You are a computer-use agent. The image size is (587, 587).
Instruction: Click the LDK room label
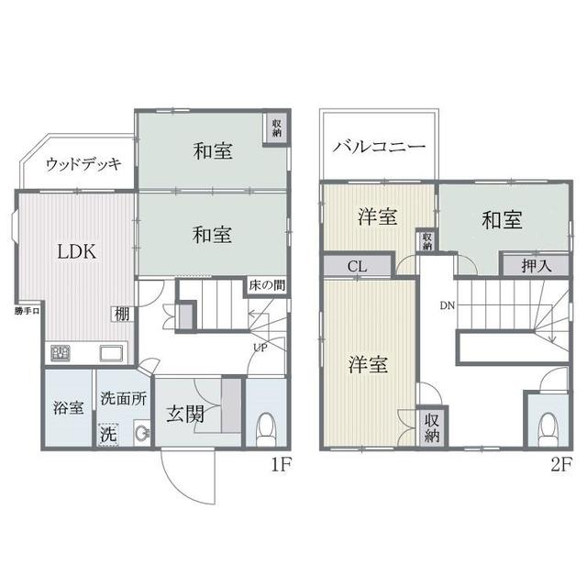(77, 251)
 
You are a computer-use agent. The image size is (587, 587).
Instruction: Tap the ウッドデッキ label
(83, 164)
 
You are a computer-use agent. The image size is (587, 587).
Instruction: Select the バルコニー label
(379, 147)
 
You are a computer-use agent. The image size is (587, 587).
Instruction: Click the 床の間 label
(267, 285)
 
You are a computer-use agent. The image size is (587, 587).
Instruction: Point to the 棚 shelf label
(122, 314)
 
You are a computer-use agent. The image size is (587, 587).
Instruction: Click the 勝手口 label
(27, 311)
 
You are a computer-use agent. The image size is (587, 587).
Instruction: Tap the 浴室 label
(68, 407)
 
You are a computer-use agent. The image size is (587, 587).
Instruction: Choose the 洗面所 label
(124, 398)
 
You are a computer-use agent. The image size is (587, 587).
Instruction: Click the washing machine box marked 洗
(108, 435)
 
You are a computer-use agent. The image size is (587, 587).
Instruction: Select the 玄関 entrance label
(185, 415)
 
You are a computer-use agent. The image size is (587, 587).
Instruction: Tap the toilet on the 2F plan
(548, 428)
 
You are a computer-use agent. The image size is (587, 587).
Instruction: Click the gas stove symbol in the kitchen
(61, 353)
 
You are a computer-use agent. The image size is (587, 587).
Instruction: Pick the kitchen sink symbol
(111, 354)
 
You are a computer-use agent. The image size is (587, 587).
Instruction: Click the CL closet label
(357, 267)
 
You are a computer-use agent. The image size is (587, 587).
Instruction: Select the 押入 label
(537, 266)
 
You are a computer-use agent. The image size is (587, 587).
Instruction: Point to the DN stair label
(447, 305)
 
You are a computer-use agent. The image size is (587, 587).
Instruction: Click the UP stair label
(260, 348)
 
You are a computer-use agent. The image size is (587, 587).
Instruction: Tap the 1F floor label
(282, 465)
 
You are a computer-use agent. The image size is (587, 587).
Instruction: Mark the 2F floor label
(561, 465)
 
